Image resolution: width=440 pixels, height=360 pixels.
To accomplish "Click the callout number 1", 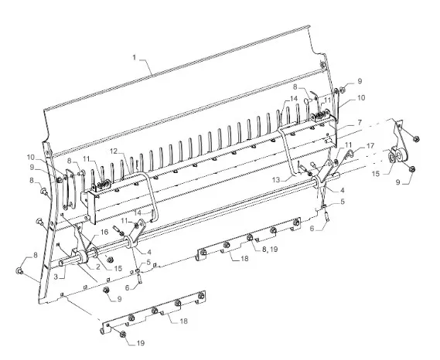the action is click(x=135, y=58).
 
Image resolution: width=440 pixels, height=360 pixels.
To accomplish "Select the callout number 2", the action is click(x=97, y=267).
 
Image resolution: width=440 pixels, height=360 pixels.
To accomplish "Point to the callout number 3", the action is click(x=56, y=277).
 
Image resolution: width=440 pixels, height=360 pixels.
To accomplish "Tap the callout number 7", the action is click(x=360, y=123).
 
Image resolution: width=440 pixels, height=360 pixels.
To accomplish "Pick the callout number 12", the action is click(x=114, y=151).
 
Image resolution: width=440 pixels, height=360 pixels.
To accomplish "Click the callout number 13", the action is click(x=276, y=180).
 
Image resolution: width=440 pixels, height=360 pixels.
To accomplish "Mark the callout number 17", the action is click(x=370, y=146).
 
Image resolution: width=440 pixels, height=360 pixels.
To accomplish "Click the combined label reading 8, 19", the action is click(x=270, y=249).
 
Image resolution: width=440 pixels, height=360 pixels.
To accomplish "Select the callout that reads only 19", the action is click(x=141, y=343).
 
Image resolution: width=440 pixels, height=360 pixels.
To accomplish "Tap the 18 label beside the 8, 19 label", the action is click(x=244, y=259).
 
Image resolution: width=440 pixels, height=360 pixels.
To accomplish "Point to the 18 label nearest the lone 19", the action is click(x=183, y=321).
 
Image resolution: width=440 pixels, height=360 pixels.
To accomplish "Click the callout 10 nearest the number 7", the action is click(x=361, y=98).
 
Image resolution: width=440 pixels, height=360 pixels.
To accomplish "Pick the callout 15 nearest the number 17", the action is click(x=376, y=174).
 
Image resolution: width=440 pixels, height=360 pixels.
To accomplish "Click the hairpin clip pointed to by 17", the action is click(x=349, y=153).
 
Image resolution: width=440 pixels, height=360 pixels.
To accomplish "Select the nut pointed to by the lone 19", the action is click(x=122, y=334).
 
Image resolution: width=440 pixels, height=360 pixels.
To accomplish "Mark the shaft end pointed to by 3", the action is click(x=61, y=263).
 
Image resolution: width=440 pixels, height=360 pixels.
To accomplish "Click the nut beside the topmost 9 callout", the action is click(x=343, y=90).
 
